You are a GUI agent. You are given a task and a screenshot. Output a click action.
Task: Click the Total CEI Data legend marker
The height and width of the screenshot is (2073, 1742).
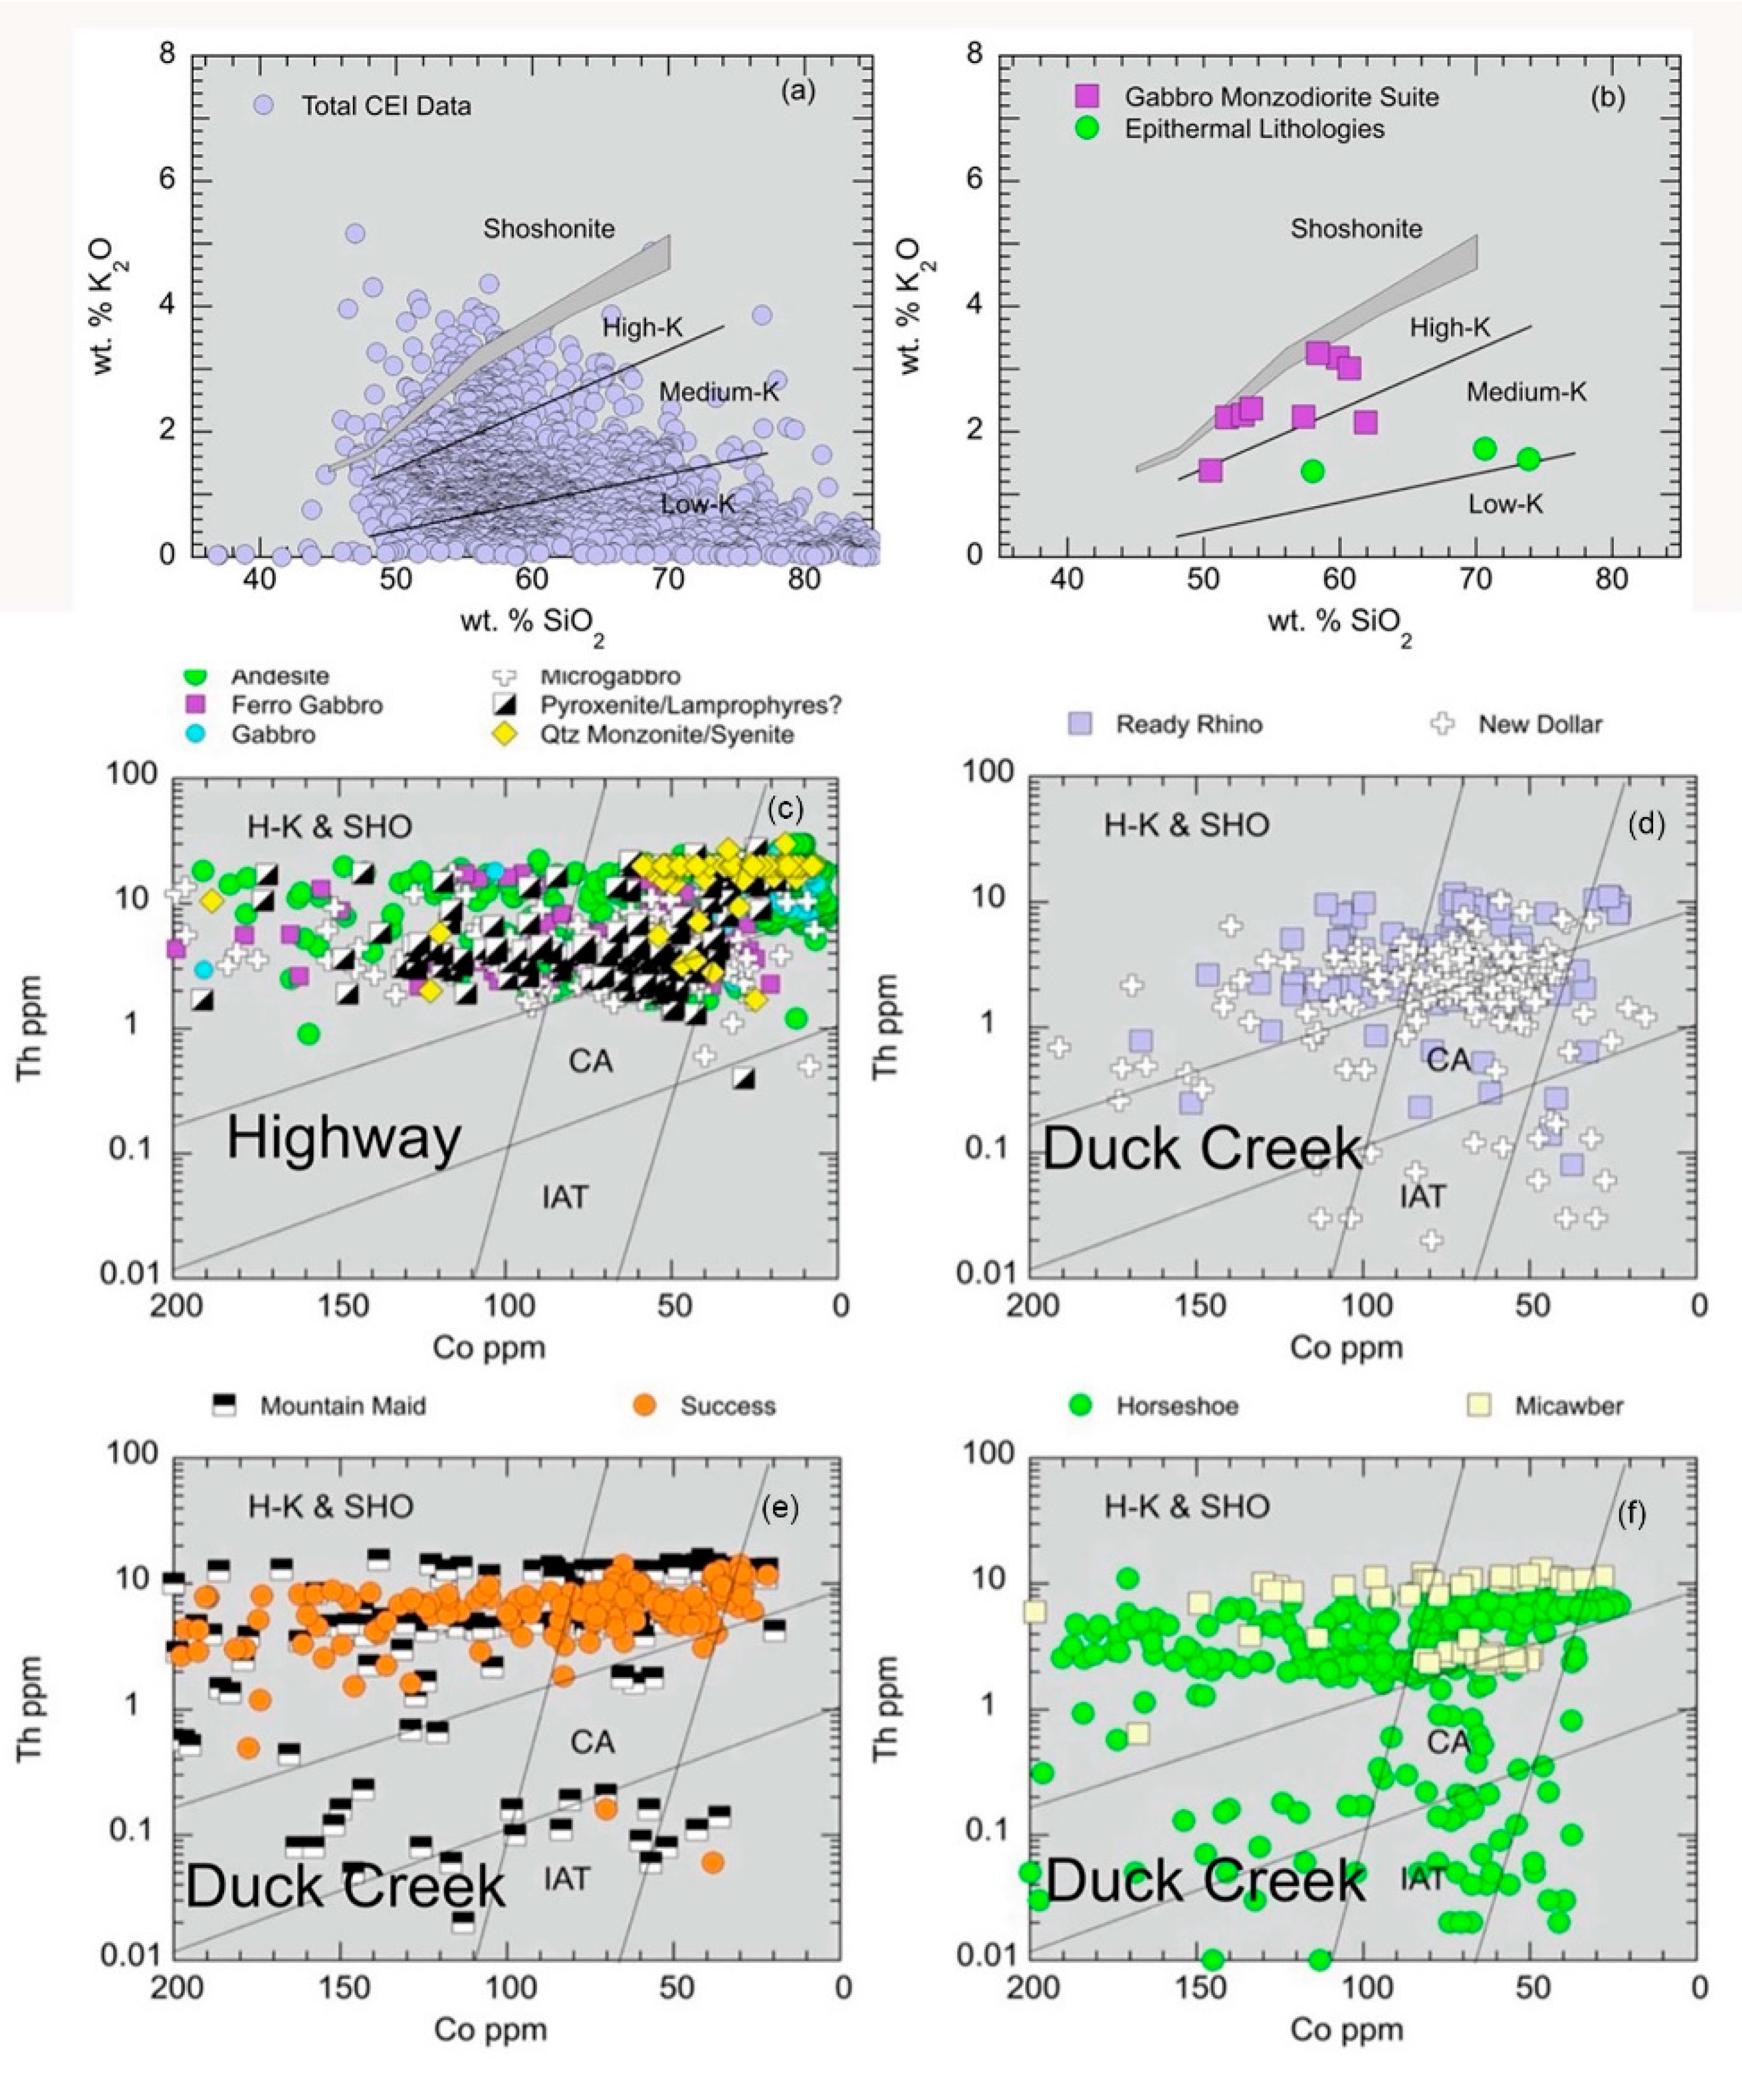[263, 106]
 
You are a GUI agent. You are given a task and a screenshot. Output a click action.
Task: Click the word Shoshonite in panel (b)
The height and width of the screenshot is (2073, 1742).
[1356, 229]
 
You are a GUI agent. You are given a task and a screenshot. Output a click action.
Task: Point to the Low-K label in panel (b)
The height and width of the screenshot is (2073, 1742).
[1505, 504]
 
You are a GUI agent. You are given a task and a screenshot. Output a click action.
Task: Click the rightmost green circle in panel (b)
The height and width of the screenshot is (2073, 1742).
[1529, 459]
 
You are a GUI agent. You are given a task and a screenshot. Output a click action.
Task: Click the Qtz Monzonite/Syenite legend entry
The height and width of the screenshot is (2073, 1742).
[666, 735]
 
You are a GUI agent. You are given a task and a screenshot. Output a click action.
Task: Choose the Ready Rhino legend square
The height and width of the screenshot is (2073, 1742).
[1081, 724]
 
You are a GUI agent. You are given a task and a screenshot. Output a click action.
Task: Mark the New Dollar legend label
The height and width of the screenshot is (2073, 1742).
[1539, 724]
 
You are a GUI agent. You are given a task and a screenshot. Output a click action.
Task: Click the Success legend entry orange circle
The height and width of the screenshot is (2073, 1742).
[645, 1406]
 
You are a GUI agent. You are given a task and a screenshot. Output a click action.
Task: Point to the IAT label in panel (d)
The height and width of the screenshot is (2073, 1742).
[1422, 1196]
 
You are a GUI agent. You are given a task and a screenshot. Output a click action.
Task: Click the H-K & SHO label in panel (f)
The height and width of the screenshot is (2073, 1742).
[1186, 1506]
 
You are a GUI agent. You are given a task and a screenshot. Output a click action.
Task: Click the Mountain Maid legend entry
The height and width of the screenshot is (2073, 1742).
[342, 1406]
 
